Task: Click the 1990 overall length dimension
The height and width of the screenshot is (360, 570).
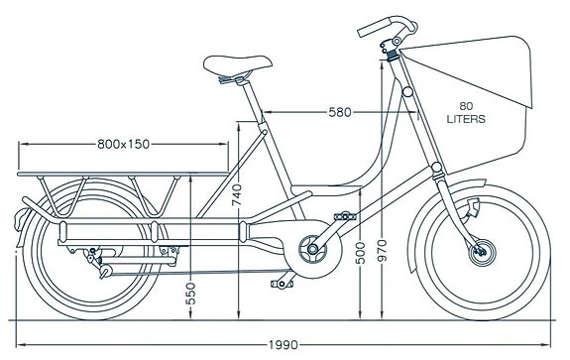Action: [x=283, y=345]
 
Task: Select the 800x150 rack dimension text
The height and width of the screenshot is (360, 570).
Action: [x=124, y=144]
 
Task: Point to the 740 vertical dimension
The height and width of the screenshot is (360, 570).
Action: [x=236, y=194]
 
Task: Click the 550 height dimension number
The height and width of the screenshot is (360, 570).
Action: [x=190, y=295]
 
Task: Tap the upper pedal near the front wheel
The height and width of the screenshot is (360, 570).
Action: [x=346, y=214]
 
